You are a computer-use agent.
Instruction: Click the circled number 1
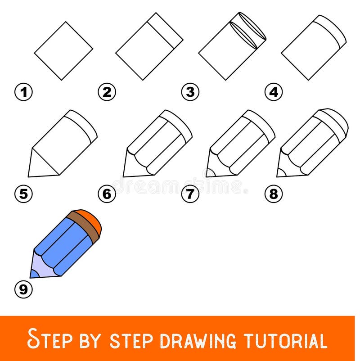[x=24, y=92]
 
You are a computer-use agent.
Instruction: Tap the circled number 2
[x=107, y=92]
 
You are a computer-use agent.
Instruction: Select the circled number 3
[x=190, y=92]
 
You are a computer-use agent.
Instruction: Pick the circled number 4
[x=274, y=92]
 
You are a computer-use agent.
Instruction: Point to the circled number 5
[x=24, y=194]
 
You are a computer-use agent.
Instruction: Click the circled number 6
[x=107, y=194]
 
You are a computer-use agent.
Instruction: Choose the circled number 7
[x=190, y=194]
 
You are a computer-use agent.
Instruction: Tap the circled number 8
[x=274, y=194]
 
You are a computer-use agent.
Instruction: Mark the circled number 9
[x=24, y=289]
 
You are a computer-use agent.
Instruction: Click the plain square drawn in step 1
[x=63, y=50]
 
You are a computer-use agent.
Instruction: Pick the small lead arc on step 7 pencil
[x=210, y=173]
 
